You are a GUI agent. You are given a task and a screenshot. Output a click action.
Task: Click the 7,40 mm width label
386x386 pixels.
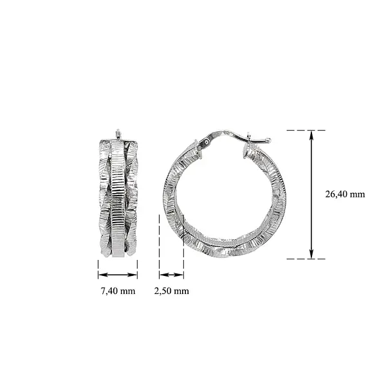[118, 291]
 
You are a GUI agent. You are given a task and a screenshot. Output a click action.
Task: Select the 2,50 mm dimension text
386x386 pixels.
[172, 291]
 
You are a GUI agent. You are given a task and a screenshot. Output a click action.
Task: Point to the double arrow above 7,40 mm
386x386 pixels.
[118, 275]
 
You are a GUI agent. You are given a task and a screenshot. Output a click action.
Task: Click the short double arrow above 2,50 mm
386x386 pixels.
[172, 275]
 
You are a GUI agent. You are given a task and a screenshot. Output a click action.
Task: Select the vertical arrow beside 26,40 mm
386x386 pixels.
[312, 194]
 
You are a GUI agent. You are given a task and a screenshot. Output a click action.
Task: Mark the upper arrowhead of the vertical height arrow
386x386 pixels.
[312, 134]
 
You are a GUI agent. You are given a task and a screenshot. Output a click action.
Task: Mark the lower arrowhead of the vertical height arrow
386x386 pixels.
[312, 255]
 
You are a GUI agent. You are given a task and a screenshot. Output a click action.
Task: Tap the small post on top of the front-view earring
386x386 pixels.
[118, 134]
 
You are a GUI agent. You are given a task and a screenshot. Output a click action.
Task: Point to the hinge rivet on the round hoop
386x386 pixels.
[206, 142]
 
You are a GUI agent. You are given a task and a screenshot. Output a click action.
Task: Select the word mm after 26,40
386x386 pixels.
[358, 194]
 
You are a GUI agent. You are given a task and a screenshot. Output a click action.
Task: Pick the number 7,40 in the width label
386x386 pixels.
[109, 291]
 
